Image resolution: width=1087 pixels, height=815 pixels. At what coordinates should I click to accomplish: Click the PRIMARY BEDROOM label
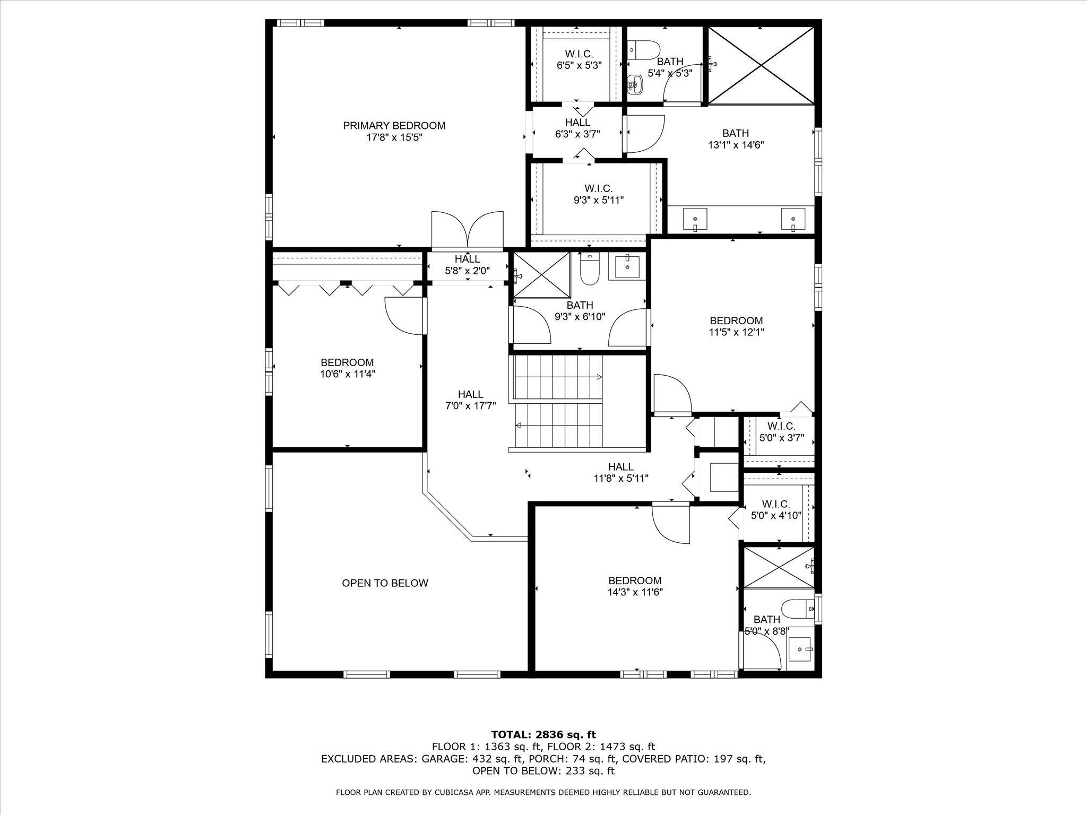pyautogui.click(x=394, y=126)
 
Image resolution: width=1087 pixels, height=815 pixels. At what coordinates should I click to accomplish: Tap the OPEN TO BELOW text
pyautogui.click(x=385, y=583)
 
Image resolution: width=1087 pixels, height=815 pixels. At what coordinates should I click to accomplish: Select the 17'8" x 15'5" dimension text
pyautogui.click(x=394, y=137)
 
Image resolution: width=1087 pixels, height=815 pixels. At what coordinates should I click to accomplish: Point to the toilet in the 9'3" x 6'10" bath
pyautogui.click(x=589, y=270)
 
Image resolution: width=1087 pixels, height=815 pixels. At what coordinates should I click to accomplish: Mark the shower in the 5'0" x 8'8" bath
pyautogui.click(x=779, y=567)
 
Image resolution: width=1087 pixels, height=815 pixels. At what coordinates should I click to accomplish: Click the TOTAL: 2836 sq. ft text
pyautogui.click(x=543, y=735)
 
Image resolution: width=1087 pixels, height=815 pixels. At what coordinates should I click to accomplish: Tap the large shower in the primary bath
pyautogui.click(x=761, y=65)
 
